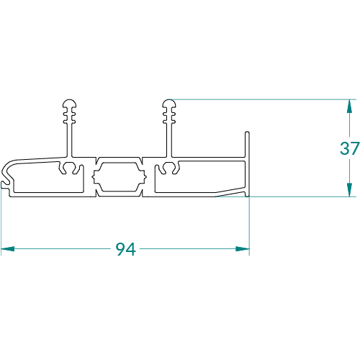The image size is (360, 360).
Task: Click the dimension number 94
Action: click(126, 249)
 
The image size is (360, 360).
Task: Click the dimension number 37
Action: click(350, 148)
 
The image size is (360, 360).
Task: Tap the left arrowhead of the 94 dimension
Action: click(8, 249)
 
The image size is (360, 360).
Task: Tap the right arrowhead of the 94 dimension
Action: click(243, 249)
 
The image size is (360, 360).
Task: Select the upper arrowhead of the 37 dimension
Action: click(349, 106)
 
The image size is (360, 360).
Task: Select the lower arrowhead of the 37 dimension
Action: click(349, 190)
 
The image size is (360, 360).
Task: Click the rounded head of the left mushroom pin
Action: click(70, 103)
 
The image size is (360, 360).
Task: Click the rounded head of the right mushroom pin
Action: click(169, 103)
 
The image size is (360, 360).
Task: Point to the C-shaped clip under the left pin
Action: click(70, 168)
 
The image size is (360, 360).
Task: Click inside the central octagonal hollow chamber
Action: click(120, 177)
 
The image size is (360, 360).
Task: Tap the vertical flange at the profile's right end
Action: click(247, 164)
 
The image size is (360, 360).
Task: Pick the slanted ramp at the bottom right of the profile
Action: click(230, 192)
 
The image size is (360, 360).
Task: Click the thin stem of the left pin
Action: click(70, 139)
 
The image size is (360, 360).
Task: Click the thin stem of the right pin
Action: click(169, 139)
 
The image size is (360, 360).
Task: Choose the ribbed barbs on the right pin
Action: click(169, 116)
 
